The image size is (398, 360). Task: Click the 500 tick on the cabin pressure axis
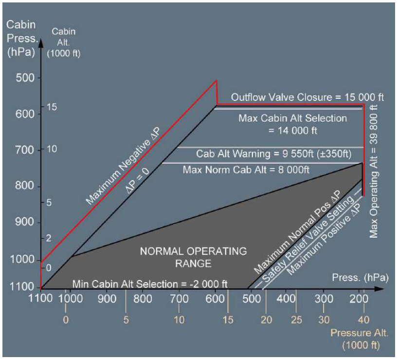click(x=23, y=78)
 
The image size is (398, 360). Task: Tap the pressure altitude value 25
click(x=296, y=320)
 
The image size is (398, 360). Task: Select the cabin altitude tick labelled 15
click(x=52, y=107)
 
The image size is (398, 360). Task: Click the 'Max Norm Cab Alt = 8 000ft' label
click(x=246, y=170)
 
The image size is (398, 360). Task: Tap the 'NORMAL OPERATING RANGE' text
click(x=193, y=258)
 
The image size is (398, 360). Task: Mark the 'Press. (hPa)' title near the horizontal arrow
click(x=360, y=278)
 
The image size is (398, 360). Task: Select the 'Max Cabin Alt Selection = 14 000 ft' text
click(x=292, y=124)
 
